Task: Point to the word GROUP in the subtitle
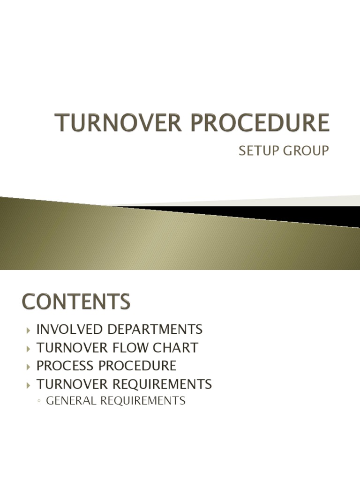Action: click(x=306, y=151)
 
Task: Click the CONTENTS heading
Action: click(x=75, y=301)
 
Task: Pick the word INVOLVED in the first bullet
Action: click(x=70, y=329)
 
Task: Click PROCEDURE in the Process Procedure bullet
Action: click(x=140, y=366)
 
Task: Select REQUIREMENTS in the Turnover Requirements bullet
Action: click(x=162, y=384)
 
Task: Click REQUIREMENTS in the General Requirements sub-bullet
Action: click(x=147, y=401)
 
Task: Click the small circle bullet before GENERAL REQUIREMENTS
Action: click(x=39, y=401)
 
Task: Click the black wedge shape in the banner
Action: click(x=281, y=213)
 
